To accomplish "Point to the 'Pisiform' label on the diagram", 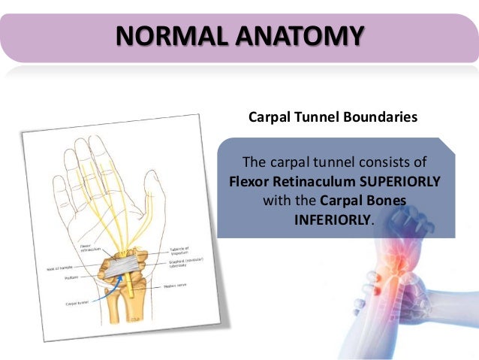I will click(x=62, y=278).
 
